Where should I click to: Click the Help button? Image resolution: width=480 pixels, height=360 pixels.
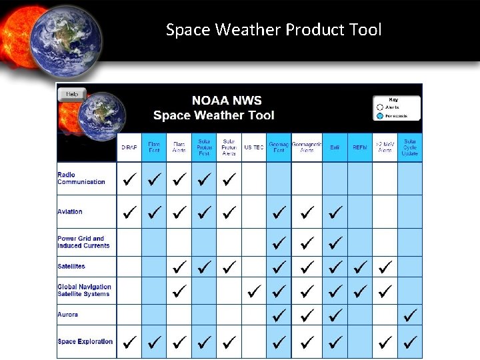[72, 94]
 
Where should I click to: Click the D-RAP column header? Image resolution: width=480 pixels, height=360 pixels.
[129, 147]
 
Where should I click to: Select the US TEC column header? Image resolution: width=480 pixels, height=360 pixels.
[253, 147]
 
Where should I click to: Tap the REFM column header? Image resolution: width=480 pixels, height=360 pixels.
[360, 147]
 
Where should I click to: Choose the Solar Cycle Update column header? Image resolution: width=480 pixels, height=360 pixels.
[410, 147]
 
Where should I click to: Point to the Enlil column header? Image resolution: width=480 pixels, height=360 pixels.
[335, 147]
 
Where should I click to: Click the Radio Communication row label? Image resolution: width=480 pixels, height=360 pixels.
[81, 179]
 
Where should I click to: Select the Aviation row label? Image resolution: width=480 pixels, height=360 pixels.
[70, 212]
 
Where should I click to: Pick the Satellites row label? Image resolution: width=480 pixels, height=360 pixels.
[71, 267]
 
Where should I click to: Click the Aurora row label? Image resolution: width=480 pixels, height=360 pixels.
[67, 315]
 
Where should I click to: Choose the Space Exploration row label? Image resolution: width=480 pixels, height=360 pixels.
[85, 342]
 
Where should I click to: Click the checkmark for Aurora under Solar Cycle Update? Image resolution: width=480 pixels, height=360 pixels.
[411, 314]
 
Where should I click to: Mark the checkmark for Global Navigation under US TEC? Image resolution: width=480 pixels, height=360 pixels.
[253, 291]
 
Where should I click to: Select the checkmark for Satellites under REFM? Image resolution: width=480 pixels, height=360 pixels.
[360, 267]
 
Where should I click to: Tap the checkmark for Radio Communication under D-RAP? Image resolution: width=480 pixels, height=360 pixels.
[129, 179]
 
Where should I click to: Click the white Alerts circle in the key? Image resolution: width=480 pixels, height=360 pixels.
[380, 107]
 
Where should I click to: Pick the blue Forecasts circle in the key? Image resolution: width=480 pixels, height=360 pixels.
[380, 115]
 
